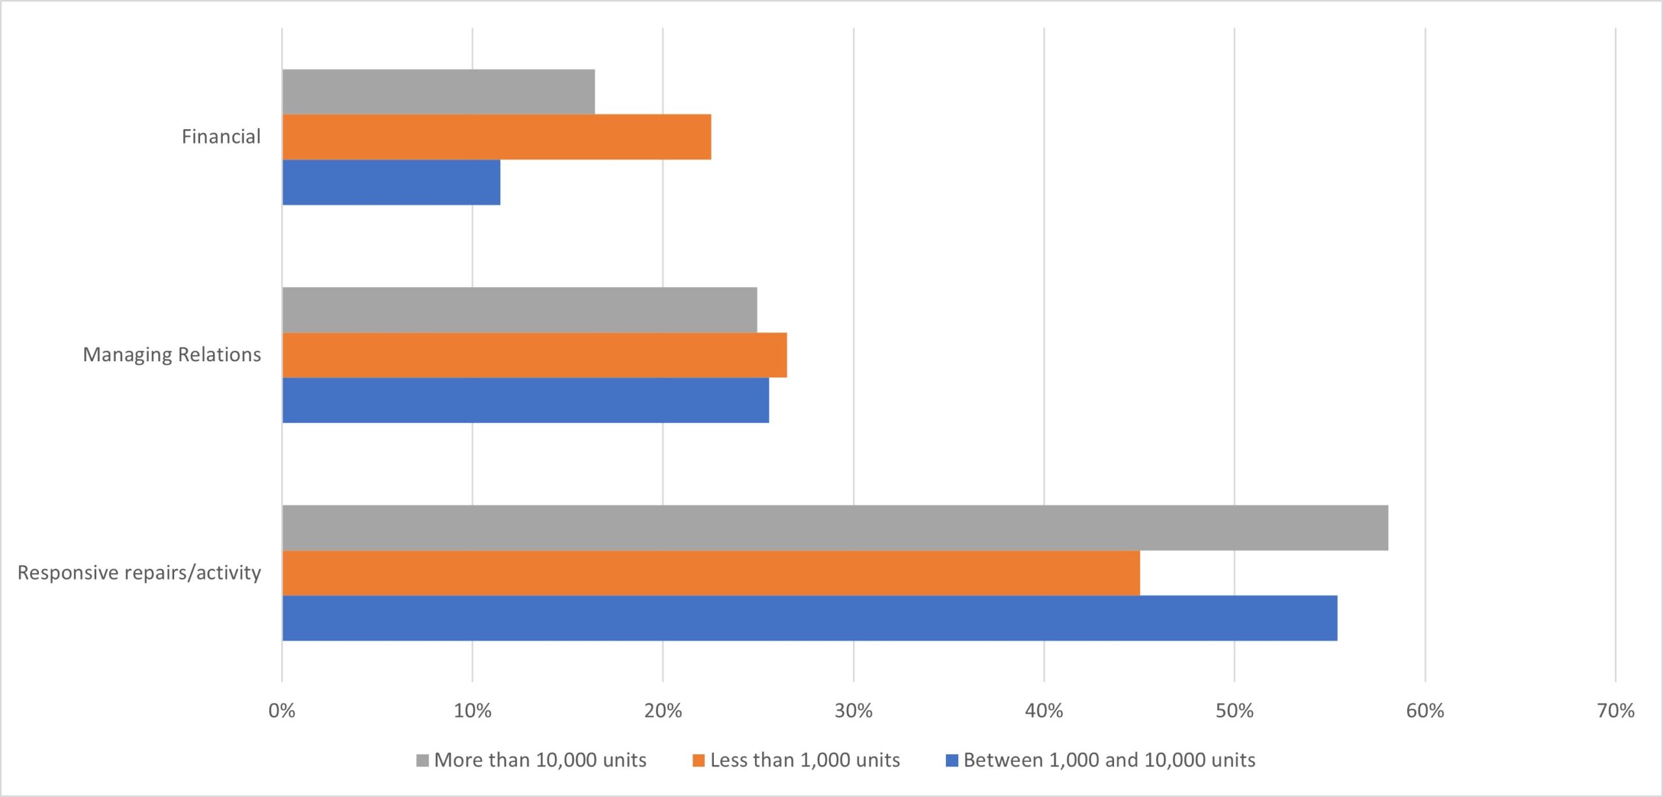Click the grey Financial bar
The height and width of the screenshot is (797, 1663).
pyautogui.click(x=438, y=92)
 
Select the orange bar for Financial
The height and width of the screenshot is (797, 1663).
pyautogui.click(x=497, y=137)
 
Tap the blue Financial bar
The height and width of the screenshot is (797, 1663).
pyautogui.click(x=391, y=183)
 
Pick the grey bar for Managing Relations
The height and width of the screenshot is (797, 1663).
pyautogui.click(x=520, y=310)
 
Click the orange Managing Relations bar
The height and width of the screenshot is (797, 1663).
pyautogui.click(x=535, y=355)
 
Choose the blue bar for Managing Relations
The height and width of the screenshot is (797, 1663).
pyautogui.click(x=526, y=401)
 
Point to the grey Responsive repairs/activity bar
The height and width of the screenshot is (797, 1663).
pyautogui.click(x=835, y=527)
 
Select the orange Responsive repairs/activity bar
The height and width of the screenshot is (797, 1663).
pyautogui.click(x=711, y=573)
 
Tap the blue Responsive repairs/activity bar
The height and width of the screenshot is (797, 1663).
pyautogui.click(x=809, y=618)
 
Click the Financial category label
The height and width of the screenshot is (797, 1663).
pyautogui.click(x=221, y=136)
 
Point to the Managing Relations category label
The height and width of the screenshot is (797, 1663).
pyautogui.click(x=171, y=355)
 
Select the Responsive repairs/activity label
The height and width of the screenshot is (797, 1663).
pyautogui.click(x=139, y=573)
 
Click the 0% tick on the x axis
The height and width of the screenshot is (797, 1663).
pyautogui.click(x=282, y=711)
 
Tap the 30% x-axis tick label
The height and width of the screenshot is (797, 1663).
pyautogui.click(x=854, y=711)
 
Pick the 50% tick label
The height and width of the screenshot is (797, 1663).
pyautogui.click(x=1234, y=711)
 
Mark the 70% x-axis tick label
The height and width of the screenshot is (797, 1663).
pyautogui.click(x=1616, y=711)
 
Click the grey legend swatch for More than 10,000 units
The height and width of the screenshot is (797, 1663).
pyautogui.click(x=422, y=761)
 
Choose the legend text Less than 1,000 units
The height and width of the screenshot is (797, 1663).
pyautogui.click(x=805, y=760)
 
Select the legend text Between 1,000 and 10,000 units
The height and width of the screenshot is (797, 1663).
pyautogui.click(x=1109, y=760)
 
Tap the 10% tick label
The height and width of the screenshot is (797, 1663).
pyautogui.click(x=472, y=711)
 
